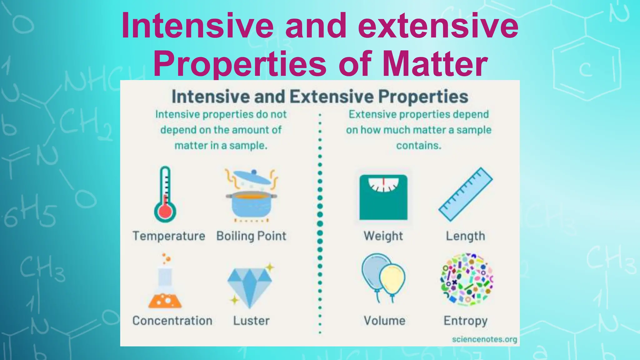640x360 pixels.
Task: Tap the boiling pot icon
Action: click(x=252, y=195)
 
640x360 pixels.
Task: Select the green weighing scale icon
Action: click(x=383, y=197)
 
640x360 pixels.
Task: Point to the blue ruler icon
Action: click(x=465, y=194)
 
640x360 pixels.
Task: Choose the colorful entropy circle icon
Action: click(x=466, y=279)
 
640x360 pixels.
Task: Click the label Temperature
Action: click(x=169, y=236)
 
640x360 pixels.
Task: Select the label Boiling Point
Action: click(x=251, y=236)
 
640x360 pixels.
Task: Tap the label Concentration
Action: click(x=172, y=321)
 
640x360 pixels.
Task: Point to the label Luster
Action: click(x=251, y=321)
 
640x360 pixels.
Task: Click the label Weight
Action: click(x=383, y=236)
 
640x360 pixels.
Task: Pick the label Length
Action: click(x=465, y=236)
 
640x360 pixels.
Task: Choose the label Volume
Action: click(x=384, y=321)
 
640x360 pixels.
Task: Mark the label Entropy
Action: click(x=465, y=321)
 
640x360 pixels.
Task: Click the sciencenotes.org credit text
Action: click(x=484, y=339)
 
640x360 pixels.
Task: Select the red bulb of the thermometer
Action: click(x=165, y=212)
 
